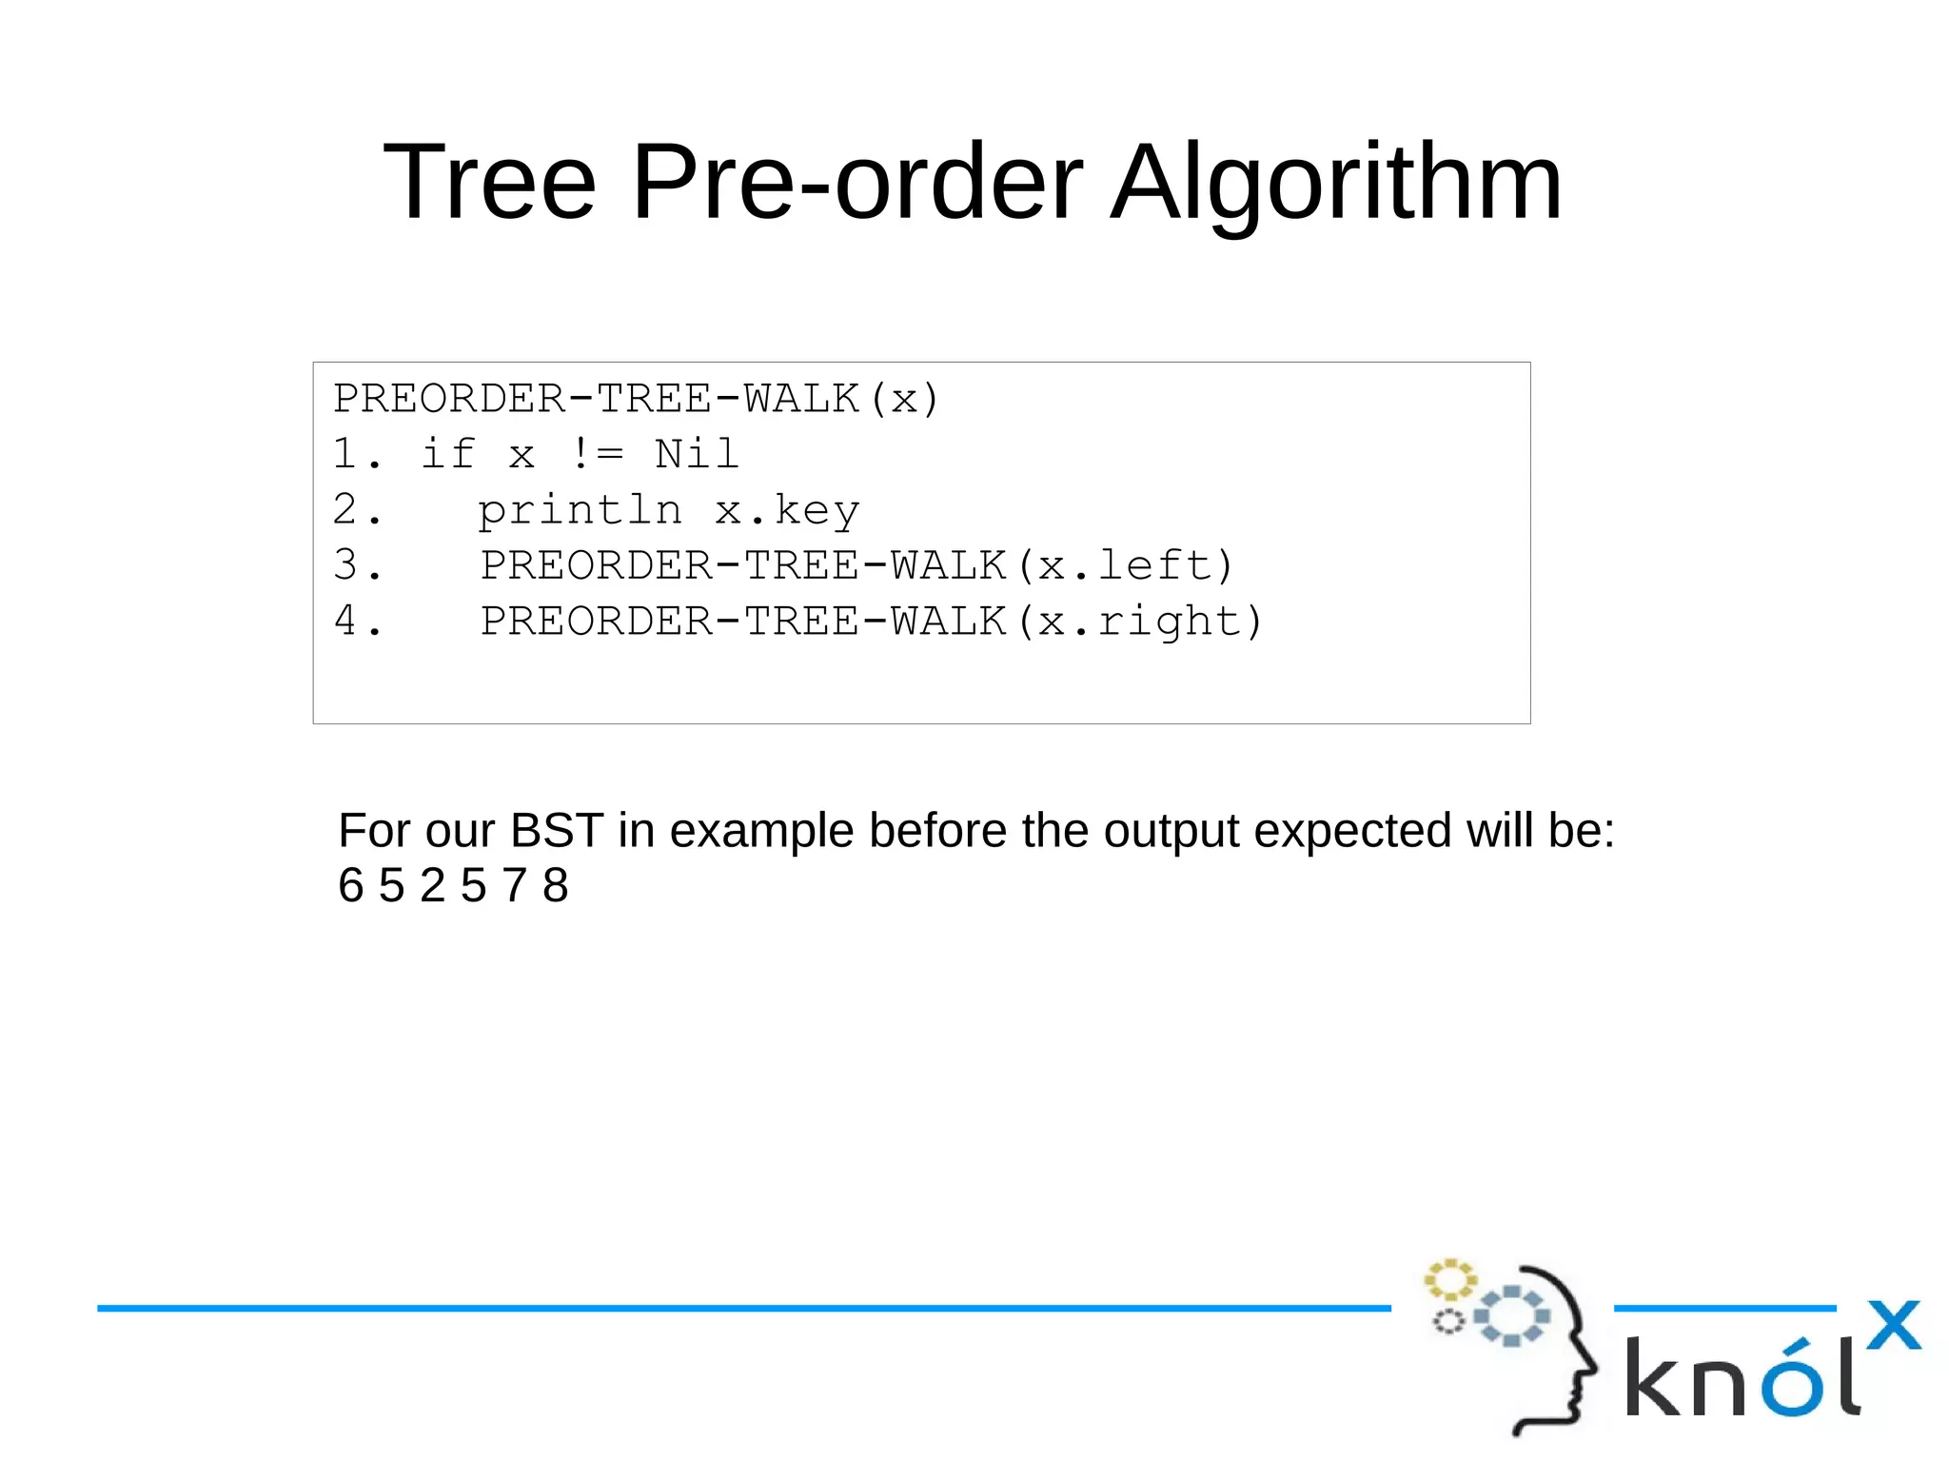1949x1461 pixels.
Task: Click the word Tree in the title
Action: [x=489, y=181]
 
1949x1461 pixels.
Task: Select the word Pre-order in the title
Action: [x=856, y=181]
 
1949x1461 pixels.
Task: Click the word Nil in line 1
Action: [x=697, y=454]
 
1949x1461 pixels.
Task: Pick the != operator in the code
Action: [x=598, y=454]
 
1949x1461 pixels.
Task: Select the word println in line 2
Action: [x=580, y=511]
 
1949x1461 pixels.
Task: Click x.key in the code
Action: [x=787, y=511]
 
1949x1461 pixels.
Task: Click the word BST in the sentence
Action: [x=557, y=831]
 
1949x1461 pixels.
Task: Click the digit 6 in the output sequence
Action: [x=351, y=886]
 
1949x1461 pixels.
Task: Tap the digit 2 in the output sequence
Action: [x=433, y=886]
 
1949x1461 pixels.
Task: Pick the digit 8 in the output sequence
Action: [x=556, y=886]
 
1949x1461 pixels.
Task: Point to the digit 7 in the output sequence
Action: [x=515, y=886]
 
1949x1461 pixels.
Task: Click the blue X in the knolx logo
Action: [x=1893, y=1325]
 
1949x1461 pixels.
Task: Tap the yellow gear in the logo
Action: [x=1448, y=1280]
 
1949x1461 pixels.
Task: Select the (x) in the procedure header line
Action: [x=904, y=399]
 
